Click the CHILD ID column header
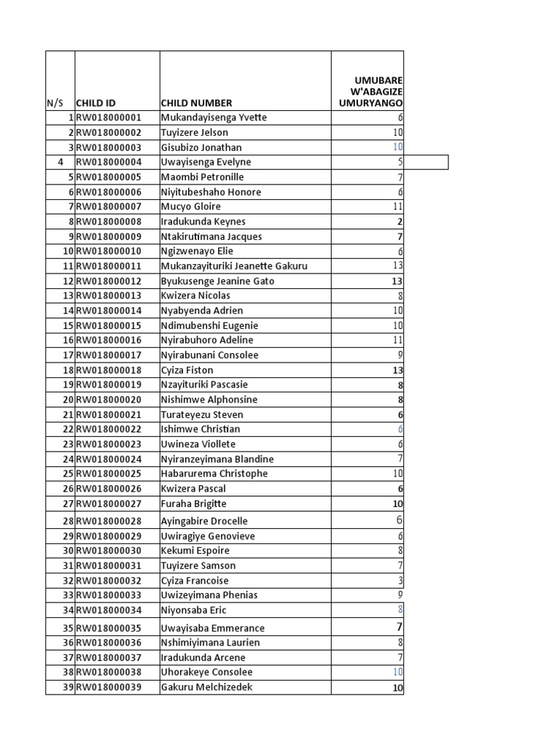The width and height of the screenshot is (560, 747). click(x=96, y=104)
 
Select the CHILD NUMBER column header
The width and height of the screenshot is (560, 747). click(x=196, y=104)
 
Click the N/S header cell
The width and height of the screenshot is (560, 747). click(x=55, y=104)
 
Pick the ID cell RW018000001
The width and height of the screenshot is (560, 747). click(x=109, y=117)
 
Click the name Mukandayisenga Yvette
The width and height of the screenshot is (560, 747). click(x=214, y=117)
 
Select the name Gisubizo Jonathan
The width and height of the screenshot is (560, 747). click(x=201, y=147)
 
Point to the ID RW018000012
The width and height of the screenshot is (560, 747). click(x=109, y=281)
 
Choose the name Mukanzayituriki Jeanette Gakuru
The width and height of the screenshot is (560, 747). click(x=234, y=266)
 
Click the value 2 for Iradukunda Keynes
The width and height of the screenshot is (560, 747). click(x=400, y=222)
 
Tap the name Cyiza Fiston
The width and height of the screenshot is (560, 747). click(x=187, y=370)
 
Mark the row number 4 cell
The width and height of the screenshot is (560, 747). click(x=61, y=162)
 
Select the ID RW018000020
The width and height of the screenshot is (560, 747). click(x=109, y=400)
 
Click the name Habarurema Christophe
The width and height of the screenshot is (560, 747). click(x=214, y=473)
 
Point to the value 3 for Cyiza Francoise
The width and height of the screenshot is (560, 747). click(x=400, y=581)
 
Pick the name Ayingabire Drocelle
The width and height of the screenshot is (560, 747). click(x=204, y=521)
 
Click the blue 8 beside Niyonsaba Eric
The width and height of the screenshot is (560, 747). click(x=400, y=609)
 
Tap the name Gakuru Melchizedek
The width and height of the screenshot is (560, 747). click(x=207, y=687)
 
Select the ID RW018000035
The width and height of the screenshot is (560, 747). click(x=109, y=628)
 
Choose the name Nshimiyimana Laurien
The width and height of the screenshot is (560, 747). click(x=211, y=643)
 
